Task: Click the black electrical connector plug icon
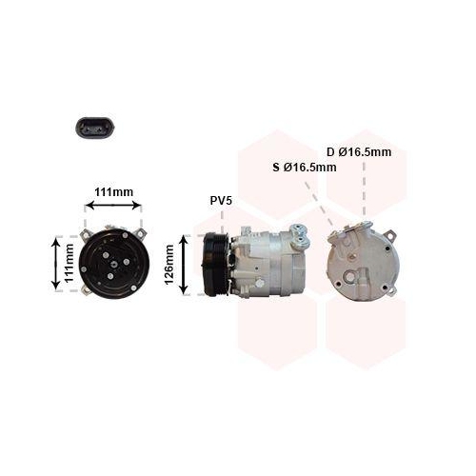[94, 128]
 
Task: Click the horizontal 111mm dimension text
[114, 192]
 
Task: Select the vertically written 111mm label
[69, 263]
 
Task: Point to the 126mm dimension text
[169, 265]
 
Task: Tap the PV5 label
[221, 201]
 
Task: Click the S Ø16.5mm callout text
[305, 168]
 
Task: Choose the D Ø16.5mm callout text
[359, 152]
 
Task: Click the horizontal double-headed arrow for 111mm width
[113, 206]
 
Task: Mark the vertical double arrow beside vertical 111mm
[56, 264]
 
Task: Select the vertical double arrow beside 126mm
[184, 265]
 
